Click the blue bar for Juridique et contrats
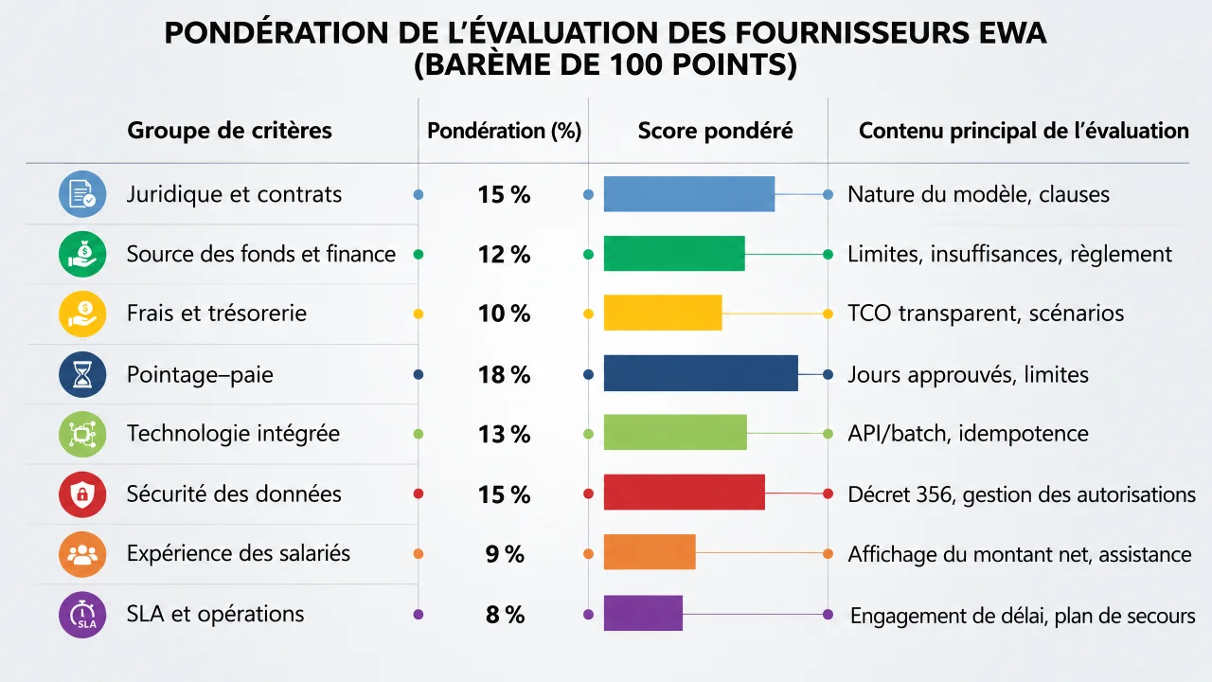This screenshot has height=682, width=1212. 688,194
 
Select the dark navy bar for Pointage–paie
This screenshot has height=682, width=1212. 701,373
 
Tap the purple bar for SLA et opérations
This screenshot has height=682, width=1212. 643,613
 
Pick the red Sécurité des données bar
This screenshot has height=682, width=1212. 685,492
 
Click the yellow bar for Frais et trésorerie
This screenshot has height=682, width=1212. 663,313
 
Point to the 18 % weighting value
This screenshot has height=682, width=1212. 505,374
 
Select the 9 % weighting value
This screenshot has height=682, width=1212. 505,554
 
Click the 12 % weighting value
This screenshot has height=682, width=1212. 505,255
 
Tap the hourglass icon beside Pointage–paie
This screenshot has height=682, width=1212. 82,374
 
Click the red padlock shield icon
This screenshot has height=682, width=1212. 82,494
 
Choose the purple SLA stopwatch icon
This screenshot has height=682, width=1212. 82,615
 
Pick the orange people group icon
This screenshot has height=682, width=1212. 82,554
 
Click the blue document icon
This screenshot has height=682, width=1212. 82,194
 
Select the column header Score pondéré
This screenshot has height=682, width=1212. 715,131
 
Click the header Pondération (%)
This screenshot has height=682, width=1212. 505,131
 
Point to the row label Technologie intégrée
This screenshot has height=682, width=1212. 233,434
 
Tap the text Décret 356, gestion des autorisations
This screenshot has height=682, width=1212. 1022,494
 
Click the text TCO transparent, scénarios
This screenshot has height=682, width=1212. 986,314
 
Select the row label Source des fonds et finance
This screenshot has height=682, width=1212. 261,254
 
